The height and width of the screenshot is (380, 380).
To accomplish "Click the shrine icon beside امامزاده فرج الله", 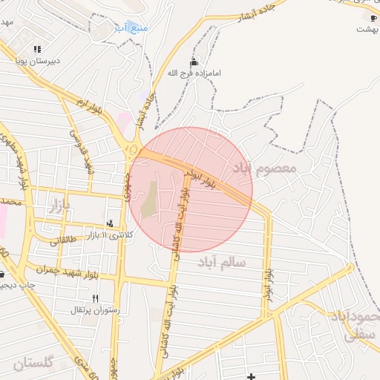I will (x=194, y=62).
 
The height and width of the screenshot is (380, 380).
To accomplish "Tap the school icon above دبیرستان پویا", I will (x=37, y=49).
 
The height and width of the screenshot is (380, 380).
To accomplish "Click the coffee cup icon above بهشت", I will (x=373, y=18).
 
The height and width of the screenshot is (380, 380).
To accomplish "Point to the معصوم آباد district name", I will (x=264, y=168).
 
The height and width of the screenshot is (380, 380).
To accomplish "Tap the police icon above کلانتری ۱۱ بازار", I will (x=111, y=223).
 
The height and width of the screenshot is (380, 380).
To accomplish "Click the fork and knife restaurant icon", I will (x=95, y=298).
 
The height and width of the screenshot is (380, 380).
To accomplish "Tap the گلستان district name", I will (x=33, y=364).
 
